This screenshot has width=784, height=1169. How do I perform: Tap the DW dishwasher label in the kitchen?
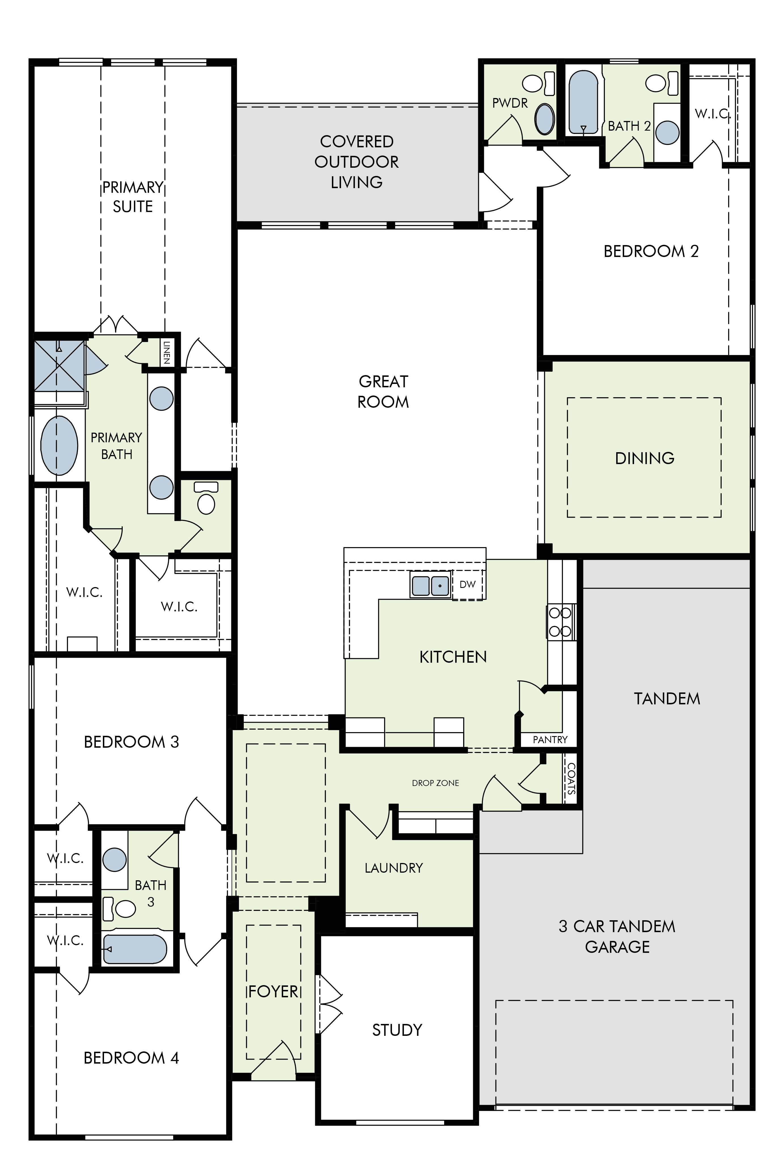(467, 584)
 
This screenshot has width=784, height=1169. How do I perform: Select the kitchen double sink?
(430, 585)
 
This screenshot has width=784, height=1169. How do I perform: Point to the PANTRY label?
(550, 740)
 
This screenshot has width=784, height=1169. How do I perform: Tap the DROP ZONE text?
(435, 783)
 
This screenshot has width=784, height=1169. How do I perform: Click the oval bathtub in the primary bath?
(59, 445)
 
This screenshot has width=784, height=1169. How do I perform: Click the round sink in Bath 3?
(115, 860)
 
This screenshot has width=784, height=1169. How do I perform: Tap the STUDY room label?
(397, 1030)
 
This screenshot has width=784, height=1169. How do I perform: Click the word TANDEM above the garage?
(667, 699)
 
